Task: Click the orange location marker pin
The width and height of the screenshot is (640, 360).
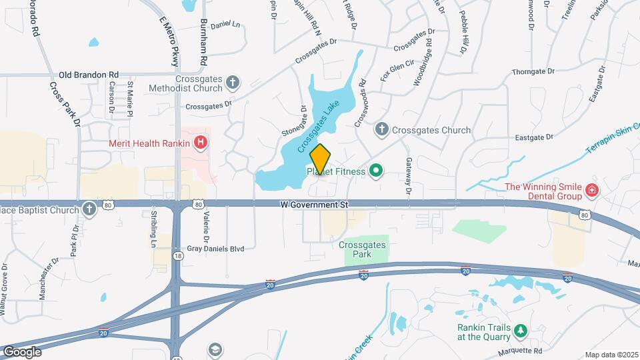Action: [320, 159]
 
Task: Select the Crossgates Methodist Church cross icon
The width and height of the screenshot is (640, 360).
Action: [232, 83]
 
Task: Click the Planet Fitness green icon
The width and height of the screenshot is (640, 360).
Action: [375, 171]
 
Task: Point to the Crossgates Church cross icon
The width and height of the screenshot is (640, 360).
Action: [382, 130]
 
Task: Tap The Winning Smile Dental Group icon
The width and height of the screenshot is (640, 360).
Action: [591, 192]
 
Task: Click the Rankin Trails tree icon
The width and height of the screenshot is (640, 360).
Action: [521, 331]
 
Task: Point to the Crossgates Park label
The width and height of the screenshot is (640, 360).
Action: [362, 249]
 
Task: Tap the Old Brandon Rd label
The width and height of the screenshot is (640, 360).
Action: [89, 75]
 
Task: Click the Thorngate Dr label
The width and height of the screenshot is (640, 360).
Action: [533, 71]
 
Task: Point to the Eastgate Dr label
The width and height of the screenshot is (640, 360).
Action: [535, 137]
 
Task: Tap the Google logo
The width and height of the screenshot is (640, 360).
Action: [21, 351]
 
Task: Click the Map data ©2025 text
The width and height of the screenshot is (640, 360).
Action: [611, 355]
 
